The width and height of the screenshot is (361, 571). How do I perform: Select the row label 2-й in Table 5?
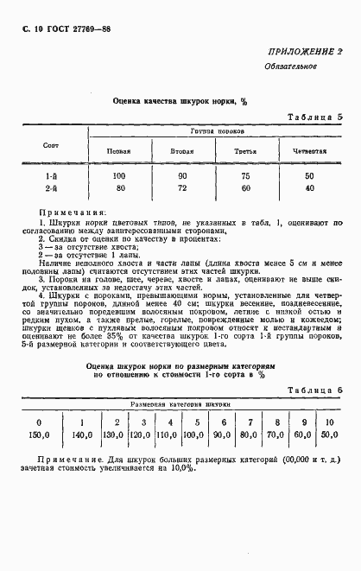tap(52, 187)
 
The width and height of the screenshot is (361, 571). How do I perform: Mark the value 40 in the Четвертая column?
tap(308, 187)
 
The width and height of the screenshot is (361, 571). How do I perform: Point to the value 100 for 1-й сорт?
tap(118, 175)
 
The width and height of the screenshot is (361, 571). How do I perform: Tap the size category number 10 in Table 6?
tap(328, 398)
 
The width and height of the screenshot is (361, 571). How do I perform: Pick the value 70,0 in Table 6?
tap(275, 412)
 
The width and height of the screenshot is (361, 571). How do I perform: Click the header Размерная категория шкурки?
tap(180, 380)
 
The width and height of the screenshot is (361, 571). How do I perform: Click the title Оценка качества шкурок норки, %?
tap(180, 100)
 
